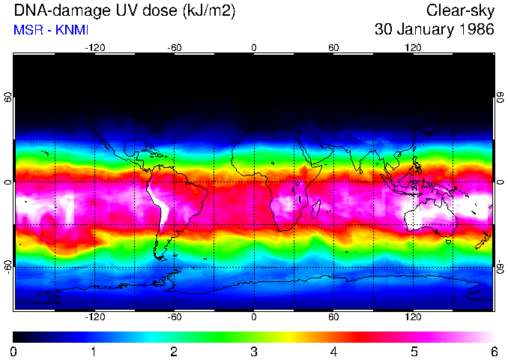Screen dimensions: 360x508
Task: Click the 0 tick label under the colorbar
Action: pyautogui.click(x=14, y=351)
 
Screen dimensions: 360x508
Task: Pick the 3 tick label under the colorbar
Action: pyautogui.click(x=254, y=351)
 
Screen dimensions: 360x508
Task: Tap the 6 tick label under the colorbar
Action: pyautogui.click(x=494, y=351)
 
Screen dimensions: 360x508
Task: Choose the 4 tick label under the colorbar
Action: pyautogui.click(x=333, y=351)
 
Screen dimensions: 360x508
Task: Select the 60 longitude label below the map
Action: pyautogui.click(x=333, y=317)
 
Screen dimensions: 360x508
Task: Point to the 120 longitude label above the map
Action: pyautogui.click(x=413, y=47)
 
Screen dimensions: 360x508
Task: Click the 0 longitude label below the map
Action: pyautogui.click(x=254, y=317)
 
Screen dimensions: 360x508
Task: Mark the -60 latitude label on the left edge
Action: pyautogui.click(x=7, y=267)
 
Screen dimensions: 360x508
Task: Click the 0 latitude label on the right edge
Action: pyautogui.click(x=501, y=182)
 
